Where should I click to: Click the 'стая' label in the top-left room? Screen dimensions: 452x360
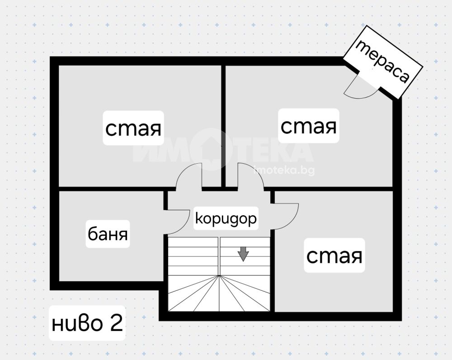[x=133, y=128]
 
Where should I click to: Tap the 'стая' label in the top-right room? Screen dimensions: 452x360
[x=309, y=126]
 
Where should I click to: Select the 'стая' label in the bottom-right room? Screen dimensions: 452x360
[x=334, y=256]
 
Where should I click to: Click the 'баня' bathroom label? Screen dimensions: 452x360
[x=108, y=234]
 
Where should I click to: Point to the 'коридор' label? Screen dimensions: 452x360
[x=226, y=218]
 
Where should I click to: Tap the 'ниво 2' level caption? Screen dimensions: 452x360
[x=87, y=323]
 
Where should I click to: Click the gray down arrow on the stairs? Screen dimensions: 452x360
[x=243, y=254]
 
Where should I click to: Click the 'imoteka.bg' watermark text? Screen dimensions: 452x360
[x=284, y=171]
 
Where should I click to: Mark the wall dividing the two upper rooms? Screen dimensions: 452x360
[x=223, y=126]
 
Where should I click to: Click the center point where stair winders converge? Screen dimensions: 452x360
[x=219, y=275]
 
